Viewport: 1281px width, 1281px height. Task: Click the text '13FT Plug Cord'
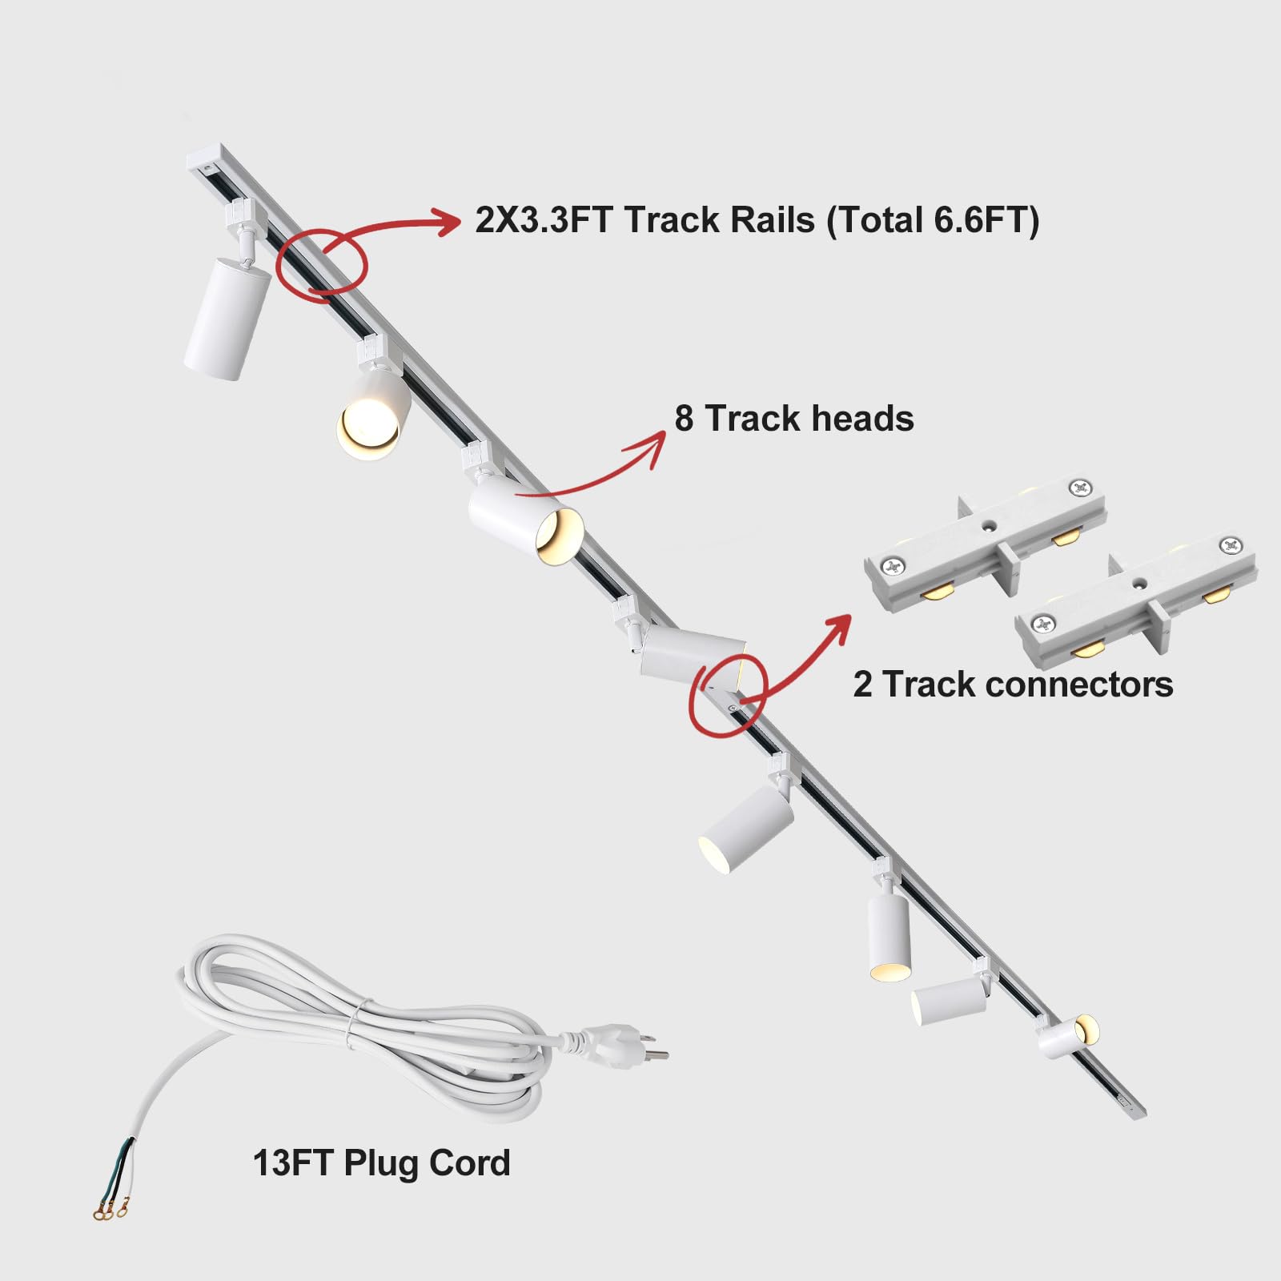tap(381, 1163)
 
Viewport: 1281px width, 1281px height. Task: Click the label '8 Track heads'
tap(793, 419)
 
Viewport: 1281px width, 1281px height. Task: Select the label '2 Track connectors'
tap(1013, 685)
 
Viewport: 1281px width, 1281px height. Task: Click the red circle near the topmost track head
tap(322, 260)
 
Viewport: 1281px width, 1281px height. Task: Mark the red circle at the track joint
tap(728, 693)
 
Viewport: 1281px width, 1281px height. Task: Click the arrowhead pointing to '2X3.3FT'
tap(448, 222)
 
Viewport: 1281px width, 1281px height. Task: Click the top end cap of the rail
tap(205, 159)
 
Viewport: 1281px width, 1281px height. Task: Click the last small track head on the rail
tap(1066, 1036)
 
